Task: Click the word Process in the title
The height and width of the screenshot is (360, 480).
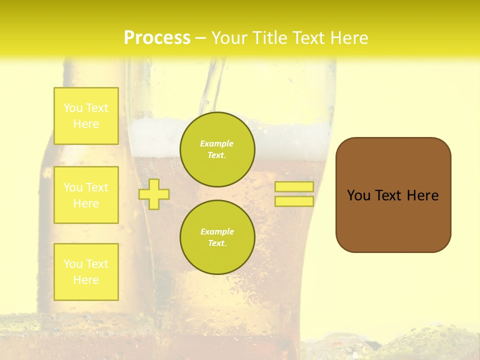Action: click(x=157, y=38)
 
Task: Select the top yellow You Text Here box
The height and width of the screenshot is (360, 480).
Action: click(x=86, y=116)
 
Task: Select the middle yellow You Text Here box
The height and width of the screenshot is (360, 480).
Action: click(x=86, y=195)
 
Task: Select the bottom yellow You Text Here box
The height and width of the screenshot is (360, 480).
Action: click(x=86, y=272)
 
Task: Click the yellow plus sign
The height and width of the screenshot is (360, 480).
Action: click(x=154, y=194)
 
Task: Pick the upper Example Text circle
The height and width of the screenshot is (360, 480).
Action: click(x=217, y=149)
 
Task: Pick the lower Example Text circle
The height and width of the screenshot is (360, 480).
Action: click(x=217, y=237)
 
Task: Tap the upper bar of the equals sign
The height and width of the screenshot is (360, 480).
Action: click(x=294, y=186)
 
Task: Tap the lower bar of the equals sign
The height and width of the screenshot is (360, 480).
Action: click(x=294, y=201)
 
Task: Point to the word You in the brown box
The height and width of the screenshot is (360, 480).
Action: click(x=358, y=195)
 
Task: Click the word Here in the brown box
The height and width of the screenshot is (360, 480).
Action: click(x=422, y=195)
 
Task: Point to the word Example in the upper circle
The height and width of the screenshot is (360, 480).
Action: click(x=216, y=143)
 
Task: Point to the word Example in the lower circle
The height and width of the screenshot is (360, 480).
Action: click(x=216, y=231)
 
